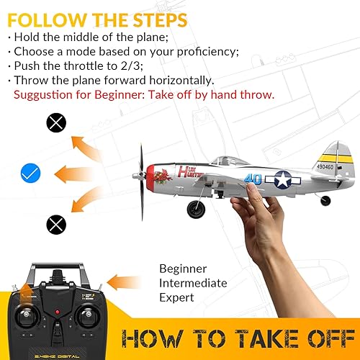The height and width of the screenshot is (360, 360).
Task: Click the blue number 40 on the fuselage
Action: click(252, 179)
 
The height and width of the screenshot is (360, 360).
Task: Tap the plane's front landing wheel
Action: click(195, 210)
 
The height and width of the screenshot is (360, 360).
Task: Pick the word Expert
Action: click(176, 297)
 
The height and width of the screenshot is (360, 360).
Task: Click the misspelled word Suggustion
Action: click(44, 94)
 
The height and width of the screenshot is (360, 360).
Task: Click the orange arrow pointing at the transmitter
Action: click(133, 282)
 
